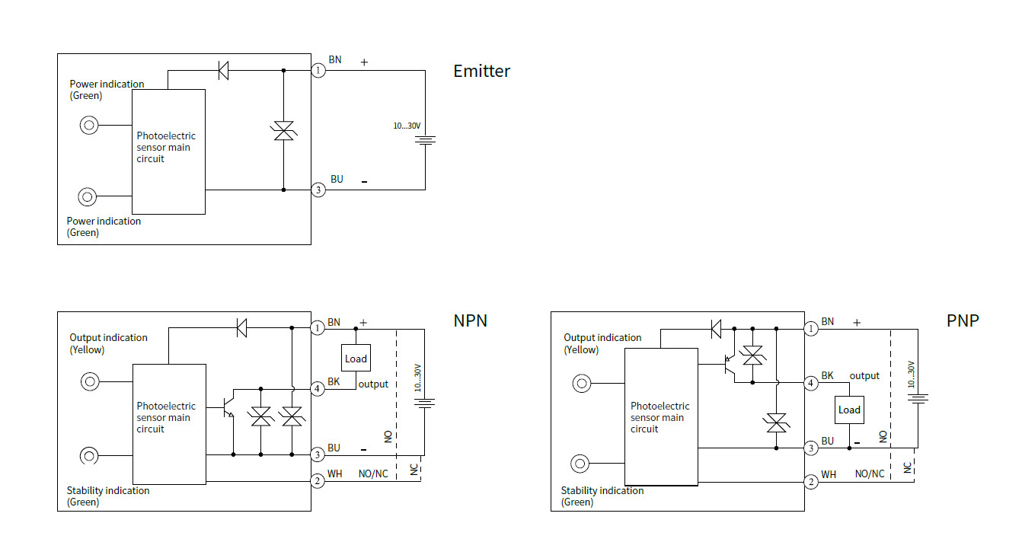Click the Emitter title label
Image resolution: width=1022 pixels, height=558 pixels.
481,72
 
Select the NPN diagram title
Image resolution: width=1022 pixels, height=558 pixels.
470,320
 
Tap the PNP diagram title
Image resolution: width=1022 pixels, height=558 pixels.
963,320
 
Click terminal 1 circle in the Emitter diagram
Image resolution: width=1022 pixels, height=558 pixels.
318,71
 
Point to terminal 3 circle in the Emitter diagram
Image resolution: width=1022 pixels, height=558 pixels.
318,190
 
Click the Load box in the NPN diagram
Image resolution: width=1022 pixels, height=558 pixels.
356,359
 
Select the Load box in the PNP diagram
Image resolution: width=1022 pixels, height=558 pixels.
849,410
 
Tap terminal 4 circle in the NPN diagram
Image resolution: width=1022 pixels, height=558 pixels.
318,387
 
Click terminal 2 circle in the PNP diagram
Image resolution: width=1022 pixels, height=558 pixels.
812,481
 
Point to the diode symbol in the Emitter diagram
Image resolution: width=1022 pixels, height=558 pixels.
223,71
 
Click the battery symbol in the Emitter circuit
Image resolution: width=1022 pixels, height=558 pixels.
426,140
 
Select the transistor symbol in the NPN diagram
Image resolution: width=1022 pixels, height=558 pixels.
228,407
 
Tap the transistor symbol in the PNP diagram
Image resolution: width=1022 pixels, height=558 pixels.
727,366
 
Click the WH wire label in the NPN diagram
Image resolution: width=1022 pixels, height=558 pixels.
334,474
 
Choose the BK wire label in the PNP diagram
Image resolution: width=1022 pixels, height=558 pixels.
827,376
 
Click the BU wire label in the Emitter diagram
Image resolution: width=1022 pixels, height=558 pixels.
337,180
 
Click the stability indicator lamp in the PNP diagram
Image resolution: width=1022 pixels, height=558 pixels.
581,464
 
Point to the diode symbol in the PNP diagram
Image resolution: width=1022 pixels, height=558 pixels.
716,329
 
